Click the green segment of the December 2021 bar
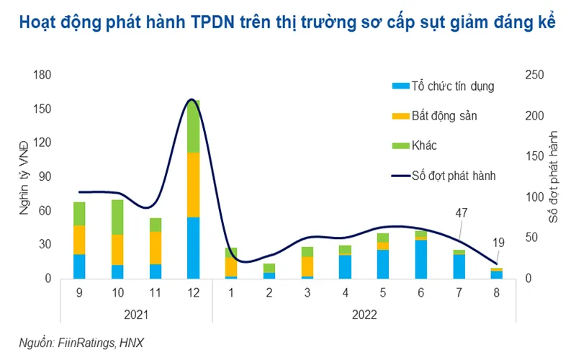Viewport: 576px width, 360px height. pos(193,127)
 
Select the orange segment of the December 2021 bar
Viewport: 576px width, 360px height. pos(193,184)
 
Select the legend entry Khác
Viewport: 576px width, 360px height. pos(424,145)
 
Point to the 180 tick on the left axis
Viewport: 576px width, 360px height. pos(42,75)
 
